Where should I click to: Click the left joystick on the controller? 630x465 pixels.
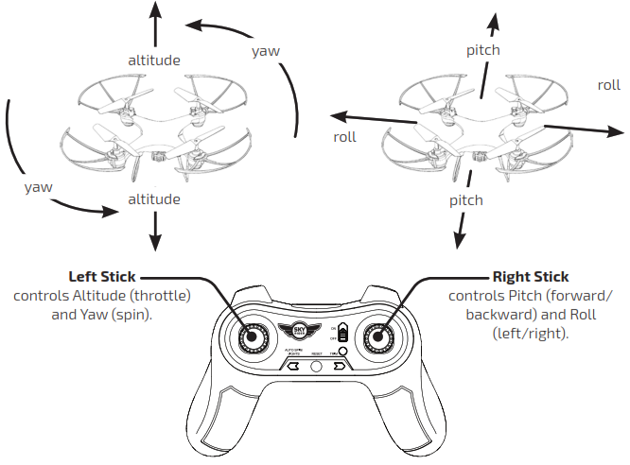pyautogui.click(x=254, y=337)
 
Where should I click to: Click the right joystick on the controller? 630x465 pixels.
pyautogui.click(x=377, y=337)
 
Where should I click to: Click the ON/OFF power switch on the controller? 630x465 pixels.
pyautogui.click(x=342, y=333)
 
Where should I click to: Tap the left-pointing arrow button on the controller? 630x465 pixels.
pyautogui.click(x=293, y=367)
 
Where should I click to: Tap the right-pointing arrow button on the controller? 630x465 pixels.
pyautogui.click(x=338, y=367)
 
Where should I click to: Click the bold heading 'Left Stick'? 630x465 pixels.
pyautogui.click(x=102, y=277)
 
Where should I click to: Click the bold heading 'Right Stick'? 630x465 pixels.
pyautogui.click(x=531, y=277)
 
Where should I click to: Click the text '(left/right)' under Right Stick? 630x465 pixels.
pyautogui.click(x=531, y=333)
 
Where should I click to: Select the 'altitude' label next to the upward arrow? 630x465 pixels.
pyautogui.click(x=154, y=60)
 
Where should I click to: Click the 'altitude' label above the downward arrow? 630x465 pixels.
pyautogui.click(x=154, y=199)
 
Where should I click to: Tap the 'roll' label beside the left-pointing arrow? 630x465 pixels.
pyautogui.click(x=345, y=137)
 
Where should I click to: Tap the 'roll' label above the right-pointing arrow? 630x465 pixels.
pyautogui.click(x=608, y=85)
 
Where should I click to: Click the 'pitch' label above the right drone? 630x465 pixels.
pyautogui.click(x=482, y=49)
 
